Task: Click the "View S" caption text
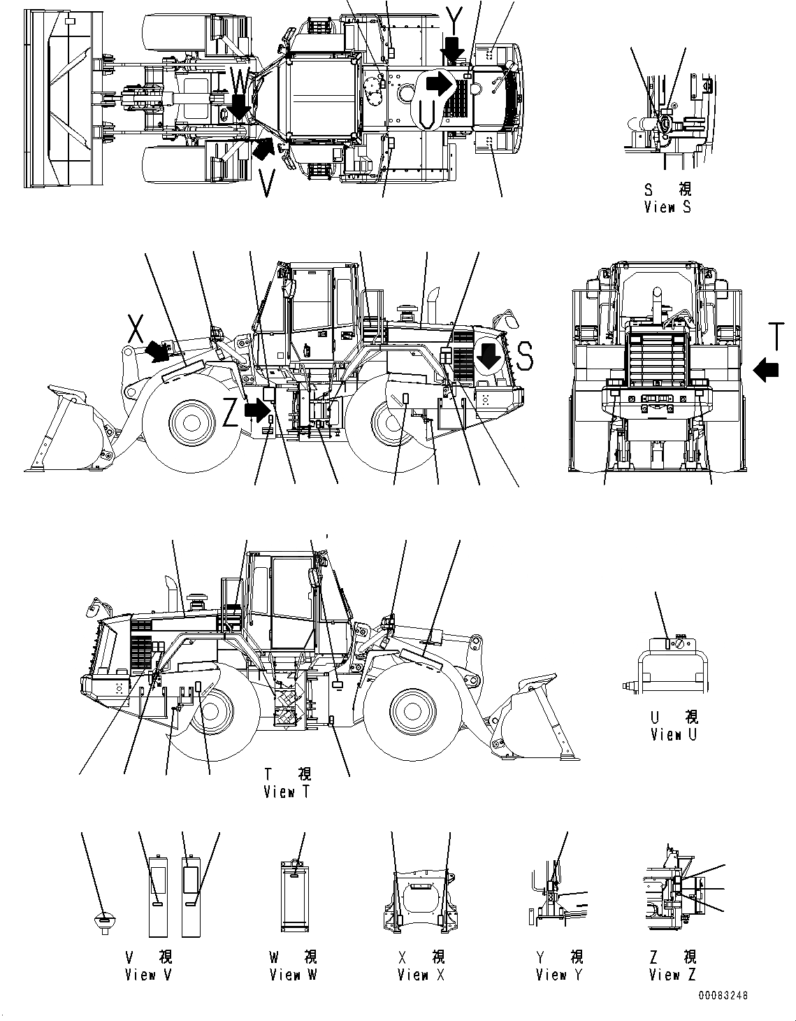[x=667, y=207]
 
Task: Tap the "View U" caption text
[x=674, y=734]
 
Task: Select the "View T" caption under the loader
[x=287, y=792]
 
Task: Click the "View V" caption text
[x=148, y=974]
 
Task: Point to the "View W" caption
[x=294, y=974]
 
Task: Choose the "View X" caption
[x=421, y=974]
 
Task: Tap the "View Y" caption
[x=559, y=974]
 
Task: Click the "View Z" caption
[x=672, y=974]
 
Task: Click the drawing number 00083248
[x=722, y=995]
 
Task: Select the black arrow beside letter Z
[x=259, y=409]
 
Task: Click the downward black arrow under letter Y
[x=453, y=50]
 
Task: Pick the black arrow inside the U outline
[x=439, y=84]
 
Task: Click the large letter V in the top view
[x=266, y=183]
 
